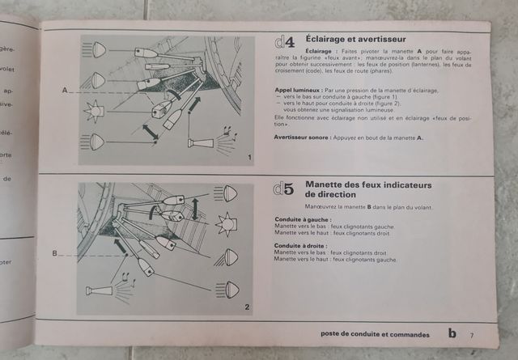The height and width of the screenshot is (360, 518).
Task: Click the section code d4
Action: (x=283, y=42)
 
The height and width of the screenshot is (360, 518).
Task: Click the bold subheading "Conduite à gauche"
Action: (x=301, y=219)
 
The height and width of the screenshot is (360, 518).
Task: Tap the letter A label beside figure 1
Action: (x=65, y=91)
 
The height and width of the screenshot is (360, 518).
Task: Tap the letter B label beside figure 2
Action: (x=55, y=253)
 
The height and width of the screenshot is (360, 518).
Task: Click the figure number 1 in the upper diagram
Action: (x=250, y=156)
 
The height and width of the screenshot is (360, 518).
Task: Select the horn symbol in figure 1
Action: (x=200, y=143)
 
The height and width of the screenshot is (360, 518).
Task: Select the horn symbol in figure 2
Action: (x=98, y=290)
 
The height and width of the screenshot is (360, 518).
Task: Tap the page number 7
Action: (x=471, y=334)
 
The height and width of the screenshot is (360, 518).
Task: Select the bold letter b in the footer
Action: (x=452, y=332)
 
